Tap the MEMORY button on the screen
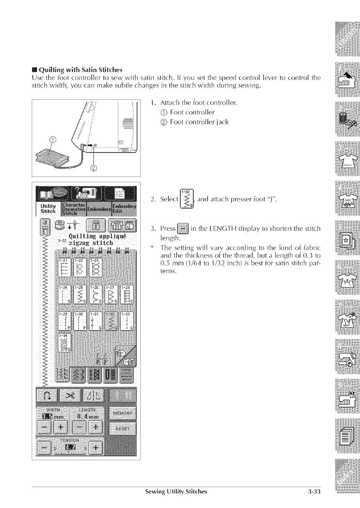tap(122, 413)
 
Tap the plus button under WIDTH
tap(61, 428)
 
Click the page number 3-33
tap(314, 492)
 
